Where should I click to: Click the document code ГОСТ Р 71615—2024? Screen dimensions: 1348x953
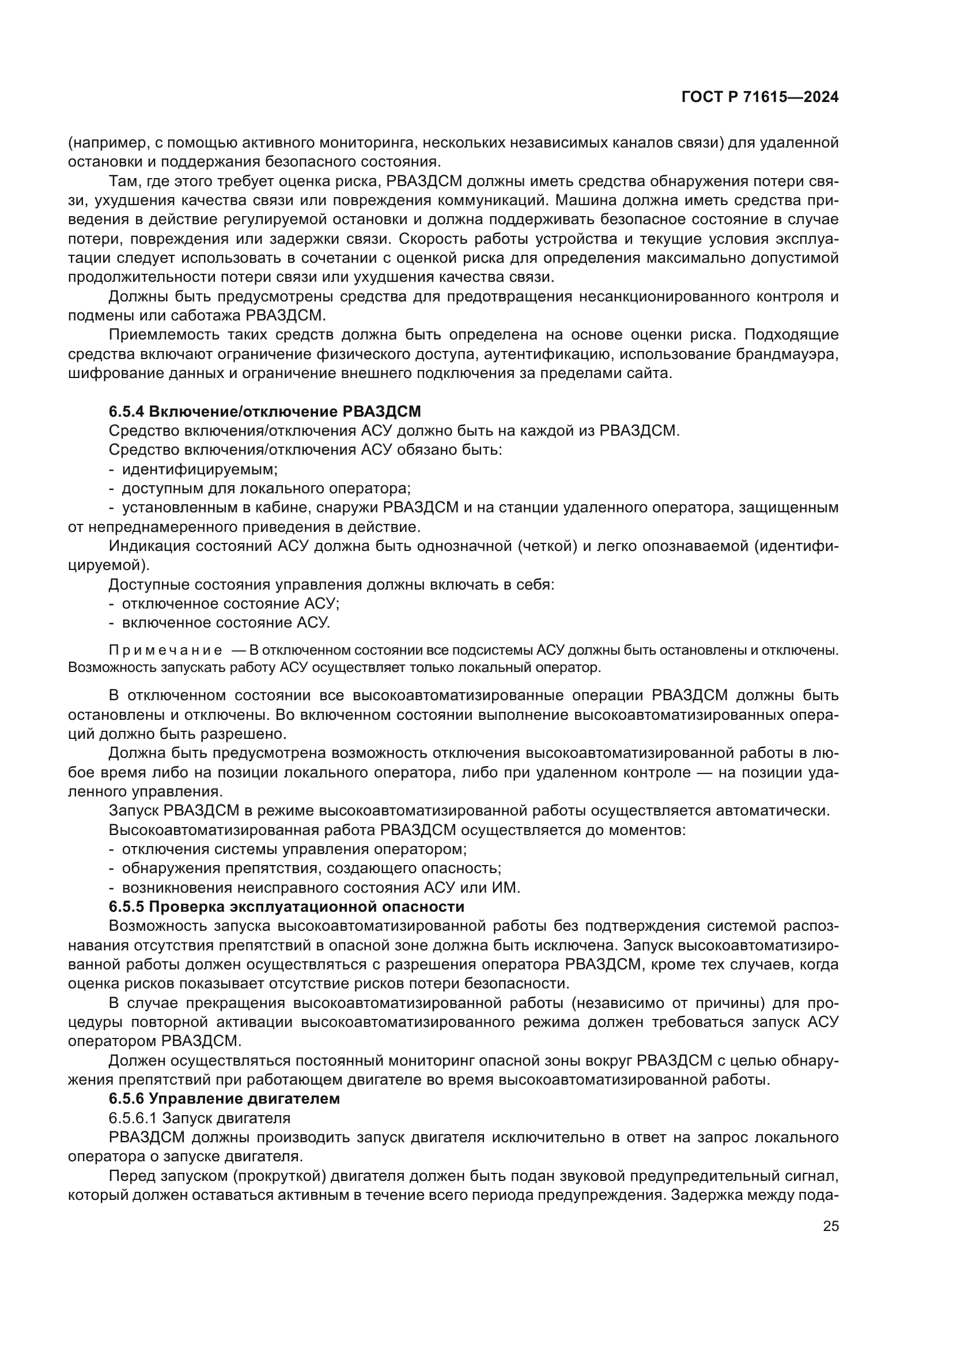(759, 97)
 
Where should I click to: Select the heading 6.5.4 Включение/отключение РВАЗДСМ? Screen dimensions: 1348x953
(264, 411)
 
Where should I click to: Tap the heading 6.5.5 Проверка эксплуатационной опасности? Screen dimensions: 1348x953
(286, 907)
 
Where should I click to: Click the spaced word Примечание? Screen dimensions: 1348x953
(165, 651)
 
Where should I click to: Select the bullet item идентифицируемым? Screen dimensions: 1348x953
(199, 469)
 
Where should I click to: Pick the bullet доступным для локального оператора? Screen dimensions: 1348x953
(266, 489)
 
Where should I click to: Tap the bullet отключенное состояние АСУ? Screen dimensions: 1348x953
(230, 603)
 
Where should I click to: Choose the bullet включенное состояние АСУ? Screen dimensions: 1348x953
(226, 622)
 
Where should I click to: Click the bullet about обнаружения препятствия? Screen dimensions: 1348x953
(311, 869)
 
